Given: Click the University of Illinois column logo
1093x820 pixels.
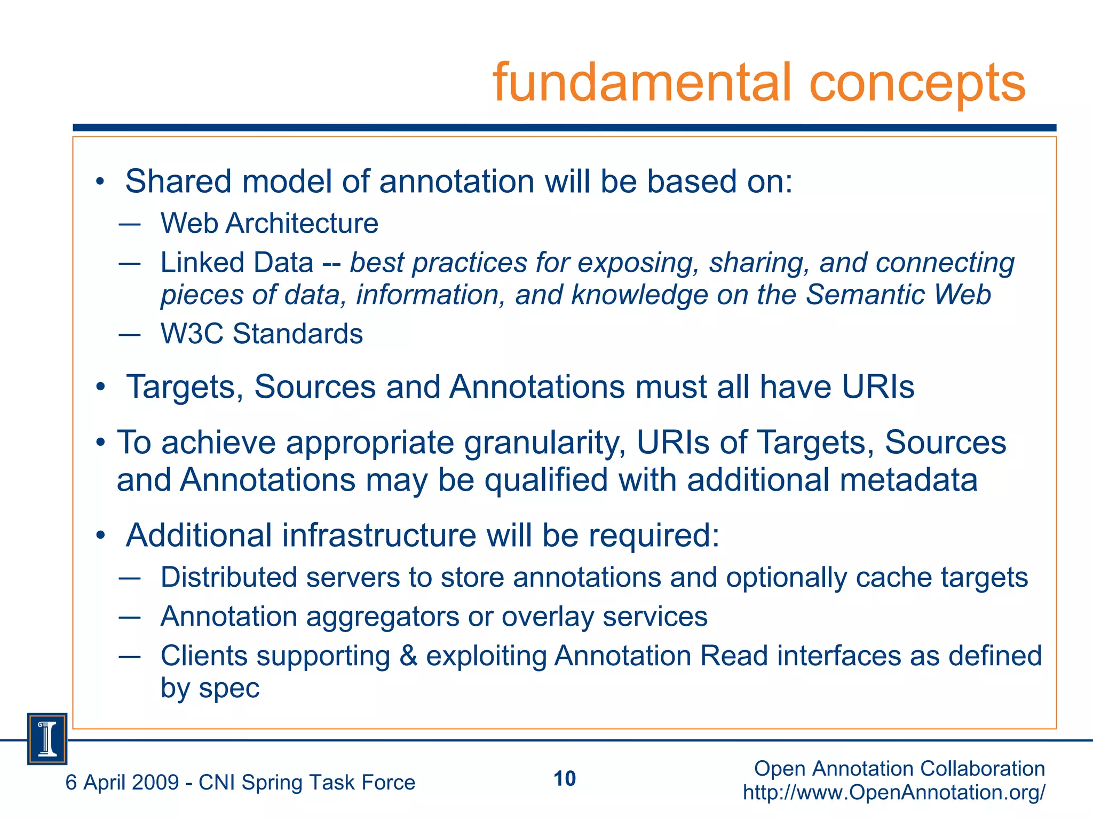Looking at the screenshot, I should (x=47, y=739).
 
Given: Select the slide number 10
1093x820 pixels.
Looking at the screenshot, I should (x=565, y=779).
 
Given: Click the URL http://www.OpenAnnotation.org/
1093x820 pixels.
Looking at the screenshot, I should (x=894, y=792).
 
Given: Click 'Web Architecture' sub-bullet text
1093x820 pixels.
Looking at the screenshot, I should (x=270, y=223).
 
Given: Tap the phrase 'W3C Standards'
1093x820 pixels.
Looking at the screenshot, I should (x=262, y=334).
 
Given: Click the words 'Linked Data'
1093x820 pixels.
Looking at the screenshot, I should (x=237, y=263).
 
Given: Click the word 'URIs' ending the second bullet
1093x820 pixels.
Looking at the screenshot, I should (x=878, y=387).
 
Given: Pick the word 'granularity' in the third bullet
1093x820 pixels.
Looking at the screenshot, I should (x=544, y=443).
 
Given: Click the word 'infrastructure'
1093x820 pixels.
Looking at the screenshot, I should (x=379, y=535).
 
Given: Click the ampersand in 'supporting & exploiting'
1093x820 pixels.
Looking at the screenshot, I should (x=408, y=656).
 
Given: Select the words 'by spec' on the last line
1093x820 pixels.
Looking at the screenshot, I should (x=210, y=688).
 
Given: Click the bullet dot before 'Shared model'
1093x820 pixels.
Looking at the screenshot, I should (x=99, y=183).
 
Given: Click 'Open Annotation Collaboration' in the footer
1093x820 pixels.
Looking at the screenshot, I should (x=899, y=769).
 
